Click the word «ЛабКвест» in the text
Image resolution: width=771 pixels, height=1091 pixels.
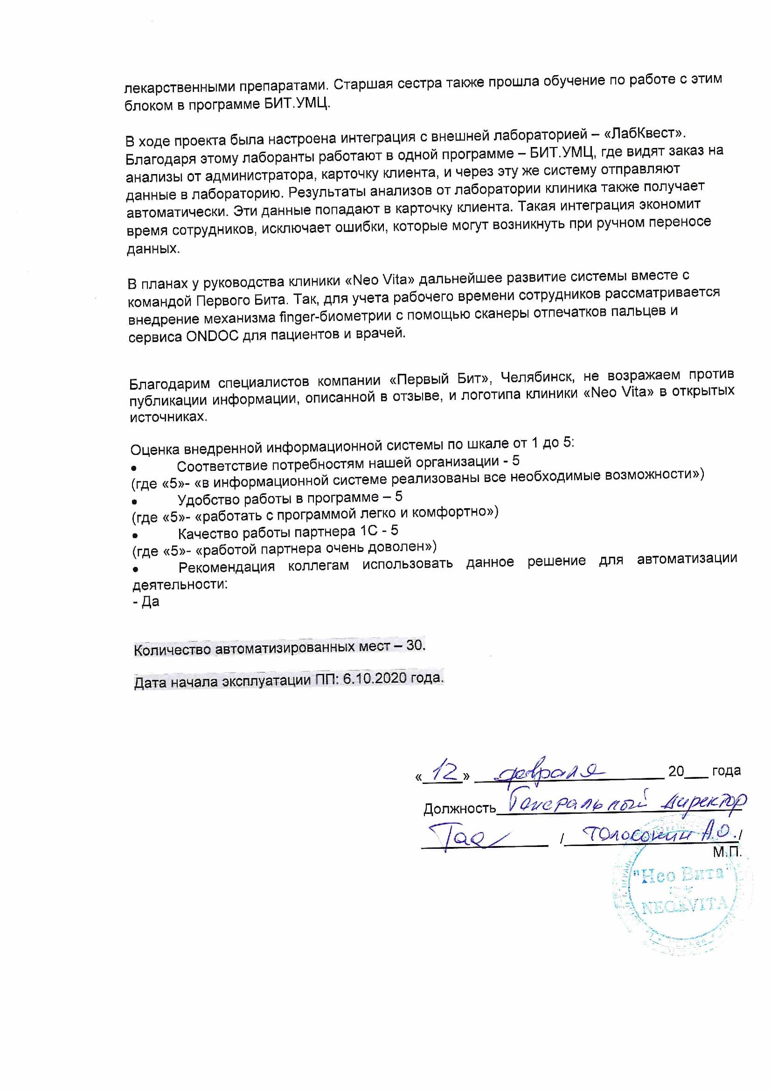(x=644, y=133)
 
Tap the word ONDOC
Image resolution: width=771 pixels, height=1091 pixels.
(x=212, y=336)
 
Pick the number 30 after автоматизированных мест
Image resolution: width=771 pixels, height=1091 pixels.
(x=415, y=645)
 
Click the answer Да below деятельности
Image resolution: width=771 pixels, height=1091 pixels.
(x=150, y=601)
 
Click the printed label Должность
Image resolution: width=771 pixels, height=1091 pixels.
(x=459, y=808)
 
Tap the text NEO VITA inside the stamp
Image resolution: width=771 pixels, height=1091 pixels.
(x=684, y=906)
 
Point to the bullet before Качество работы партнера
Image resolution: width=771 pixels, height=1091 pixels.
(x=135, y=535)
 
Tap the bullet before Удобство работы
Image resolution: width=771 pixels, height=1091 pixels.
(x=135, y=501)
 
